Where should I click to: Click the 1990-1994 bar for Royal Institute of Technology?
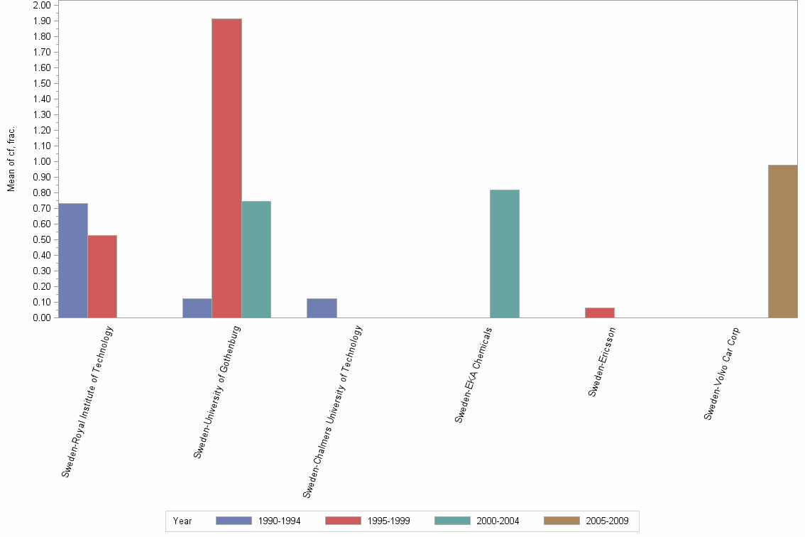[73, 261]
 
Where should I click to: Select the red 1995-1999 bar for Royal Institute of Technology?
[102, 276]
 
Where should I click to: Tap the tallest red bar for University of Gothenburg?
[226, 168]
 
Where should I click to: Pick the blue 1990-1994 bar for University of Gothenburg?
[197, 308]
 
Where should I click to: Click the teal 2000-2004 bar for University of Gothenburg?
[256, 259]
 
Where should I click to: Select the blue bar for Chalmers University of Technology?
[322, 308]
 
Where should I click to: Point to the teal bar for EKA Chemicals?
[505, 254]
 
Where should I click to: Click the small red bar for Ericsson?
[600, 313]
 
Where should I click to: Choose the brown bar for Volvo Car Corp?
[783, 242]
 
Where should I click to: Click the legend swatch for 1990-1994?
[234, 521]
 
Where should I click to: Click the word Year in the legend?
[182, 521]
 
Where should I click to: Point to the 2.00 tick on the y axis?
[42, 6]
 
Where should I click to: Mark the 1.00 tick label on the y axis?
[42, 162]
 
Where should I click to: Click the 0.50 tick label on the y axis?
[42, 240]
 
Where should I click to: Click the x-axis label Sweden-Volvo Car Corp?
[722, 373]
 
